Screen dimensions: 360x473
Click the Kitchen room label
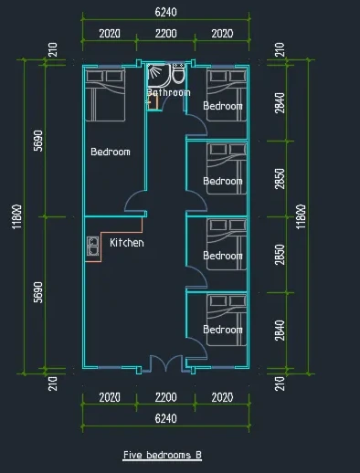pyautogui.click(x=127, y=243)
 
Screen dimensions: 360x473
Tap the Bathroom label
pyautogui.click(x=169, y=92)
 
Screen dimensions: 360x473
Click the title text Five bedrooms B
pyautogui.click(x=162, y=455)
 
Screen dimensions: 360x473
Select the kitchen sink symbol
pyautogui.click(x=92, y=246)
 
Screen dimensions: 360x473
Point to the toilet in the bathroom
pyautogui.click(x=178, y=73)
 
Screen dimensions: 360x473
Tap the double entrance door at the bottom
pyautogui.click(x=166, y=363)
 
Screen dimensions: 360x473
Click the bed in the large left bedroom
pyautogui.click(x=105, y=95)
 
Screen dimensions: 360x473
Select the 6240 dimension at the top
pyautogui.click(x=165, y=12)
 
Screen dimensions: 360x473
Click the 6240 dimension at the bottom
pyautogui.click(x=165, y=418)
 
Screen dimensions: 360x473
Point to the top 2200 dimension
pyautogui.click(x=165, y=33)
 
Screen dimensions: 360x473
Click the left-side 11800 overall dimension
pyautogui.click(x=17, y=216)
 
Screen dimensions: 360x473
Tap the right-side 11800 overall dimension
pyautogui.click(x=301, y=216)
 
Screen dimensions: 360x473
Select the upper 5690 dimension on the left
pyautogui.click(x=38, y=141)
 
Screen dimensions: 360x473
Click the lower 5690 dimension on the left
pyautogui.click(x=38, y=292)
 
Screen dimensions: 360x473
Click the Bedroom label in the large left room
pyautogui.click(x=111, y=152)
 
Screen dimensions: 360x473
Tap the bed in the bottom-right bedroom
pyautogui.click(x=227, y=320)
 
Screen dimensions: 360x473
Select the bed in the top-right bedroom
pyautogui.click(x=227, y=95)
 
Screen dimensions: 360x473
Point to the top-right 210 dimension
pyautogui.click(x=280, y=49)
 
